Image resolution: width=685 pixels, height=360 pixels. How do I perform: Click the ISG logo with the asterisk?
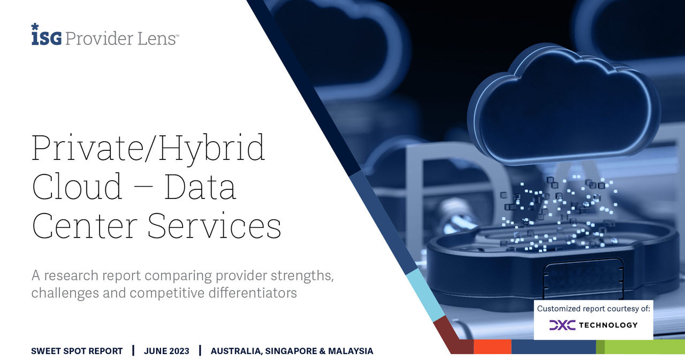(47, 35)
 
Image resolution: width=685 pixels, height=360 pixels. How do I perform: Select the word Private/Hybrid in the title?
(148, 149)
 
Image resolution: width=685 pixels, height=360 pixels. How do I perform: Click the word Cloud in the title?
(77, 186)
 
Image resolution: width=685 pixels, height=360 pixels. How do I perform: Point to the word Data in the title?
(200, 187)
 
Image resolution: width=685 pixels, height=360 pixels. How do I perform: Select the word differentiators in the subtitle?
(253, 293)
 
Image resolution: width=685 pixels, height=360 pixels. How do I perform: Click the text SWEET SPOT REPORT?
(77, 351)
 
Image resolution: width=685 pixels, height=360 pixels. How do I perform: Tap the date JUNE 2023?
(166, 351)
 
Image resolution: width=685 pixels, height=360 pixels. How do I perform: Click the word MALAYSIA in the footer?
(351, 351)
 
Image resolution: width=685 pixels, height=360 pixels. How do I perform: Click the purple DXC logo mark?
(562, 325)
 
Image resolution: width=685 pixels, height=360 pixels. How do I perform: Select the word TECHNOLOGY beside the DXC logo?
(608, 325)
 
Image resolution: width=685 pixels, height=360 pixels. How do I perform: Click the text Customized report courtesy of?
(593, 309)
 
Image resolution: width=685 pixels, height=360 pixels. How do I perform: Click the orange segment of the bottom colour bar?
(492, 347)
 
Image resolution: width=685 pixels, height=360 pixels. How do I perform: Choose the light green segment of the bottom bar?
(645, 347)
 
